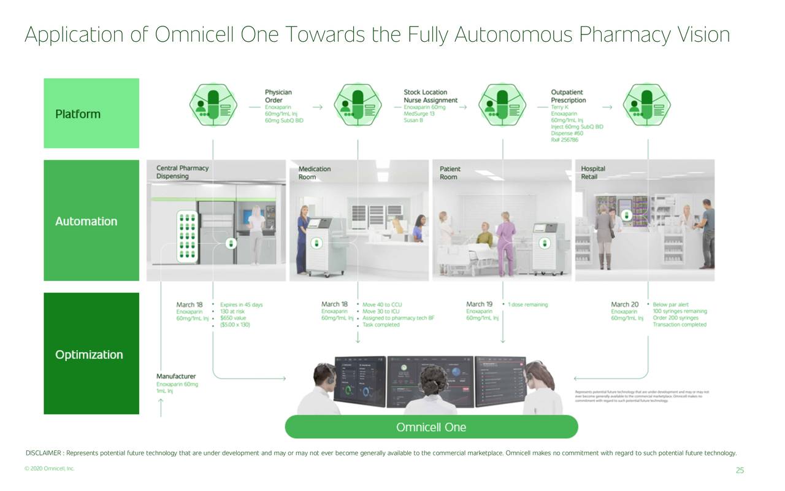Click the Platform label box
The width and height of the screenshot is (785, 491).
pyautogui.click(x=91, y=114)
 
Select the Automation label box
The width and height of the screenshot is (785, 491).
pyautogui.click(x=91, y=221)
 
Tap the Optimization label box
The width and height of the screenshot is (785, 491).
pyautogui.click(x=91, y=354)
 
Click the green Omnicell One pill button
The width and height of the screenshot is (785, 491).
pyautogui.click(x=431, y=427)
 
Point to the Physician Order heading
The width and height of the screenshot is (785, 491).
pyautogui.click(x=278, y=96)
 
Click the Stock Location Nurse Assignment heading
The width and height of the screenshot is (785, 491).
pyautogui.click(x=430, y=96)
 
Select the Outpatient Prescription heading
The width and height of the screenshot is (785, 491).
pyautogui.click(x=568, y=96)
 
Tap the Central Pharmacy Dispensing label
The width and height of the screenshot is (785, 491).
pyautogui.click(x=182, y=172)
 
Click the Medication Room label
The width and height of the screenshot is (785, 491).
pyautogui.click(x=314, y=172)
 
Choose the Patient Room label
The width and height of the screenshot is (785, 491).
pyautogui.click(x=450, y=172)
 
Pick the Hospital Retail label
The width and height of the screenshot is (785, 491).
pyautogui.click(x=592, y=172)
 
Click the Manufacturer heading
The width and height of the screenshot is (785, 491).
pyautogui.click(x=176, y=376)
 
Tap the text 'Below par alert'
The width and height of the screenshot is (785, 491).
pyautogui.click(x=670, y=304)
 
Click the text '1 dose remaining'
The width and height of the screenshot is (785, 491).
pyautogui.click(x=527, y=304)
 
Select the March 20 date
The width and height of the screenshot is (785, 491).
pyautogui.click(x=624, y=304)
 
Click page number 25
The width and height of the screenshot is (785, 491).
pyautogui.click(x=740, y=471)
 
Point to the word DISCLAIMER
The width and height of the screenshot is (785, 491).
pyautogui.click(x=43, y=454)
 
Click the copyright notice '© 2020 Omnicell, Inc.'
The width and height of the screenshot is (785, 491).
pyautogui.click(x=49, y=469)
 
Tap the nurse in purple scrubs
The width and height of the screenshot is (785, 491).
pyautogui.click(x=506, y=242)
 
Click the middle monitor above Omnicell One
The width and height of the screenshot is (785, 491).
pyautogui.click(x=429, y=381)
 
